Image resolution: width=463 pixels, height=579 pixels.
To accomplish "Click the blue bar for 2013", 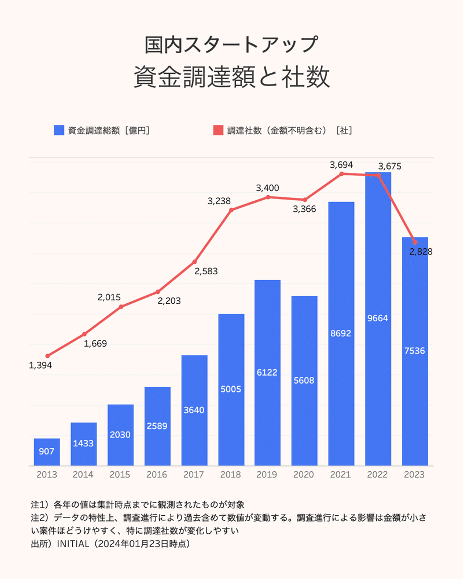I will pyautogui.click(x=47, y=452).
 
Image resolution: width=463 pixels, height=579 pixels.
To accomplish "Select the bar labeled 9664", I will pyautogui.click(x=378, y=318).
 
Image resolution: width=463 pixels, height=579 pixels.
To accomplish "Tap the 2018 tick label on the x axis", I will pyautogui.click(x=231, y=474).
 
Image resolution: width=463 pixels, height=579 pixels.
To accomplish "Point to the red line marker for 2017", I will pyautogui.click(x=195, y=262).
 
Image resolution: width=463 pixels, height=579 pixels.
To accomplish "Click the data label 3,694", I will pyautogui.click(x=341, y=165).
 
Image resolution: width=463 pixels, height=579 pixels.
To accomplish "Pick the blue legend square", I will pyautogui.click(x=59, y=130).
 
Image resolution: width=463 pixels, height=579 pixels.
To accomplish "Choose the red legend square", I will pyautogui.click(x=218, y=130).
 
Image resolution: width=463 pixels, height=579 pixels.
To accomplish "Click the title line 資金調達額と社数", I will pyautogui.click(x=232, y=77).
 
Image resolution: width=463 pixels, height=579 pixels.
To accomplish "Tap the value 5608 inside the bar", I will pyautogui.click(x=304, y=381).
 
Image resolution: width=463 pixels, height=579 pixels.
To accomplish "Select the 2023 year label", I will pyautogui.click(x=414, y=474).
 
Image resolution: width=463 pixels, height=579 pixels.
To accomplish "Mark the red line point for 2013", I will pyautogui.click(x=48, y=356).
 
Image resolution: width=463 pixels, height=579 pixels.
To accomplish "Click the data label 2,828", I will pyautogui.click(x=421, y=252).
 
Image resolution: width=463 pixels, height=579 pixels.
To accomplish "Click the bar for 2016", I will pyautogui.click(x=158, y=426).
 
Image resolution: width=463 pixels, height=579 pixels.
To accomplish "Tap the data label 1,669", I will pyautogui.click(x=95, y=344).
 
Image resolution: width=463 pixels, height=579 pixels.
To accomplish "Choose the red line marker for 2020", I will pyautogui.click(x=305, y=200).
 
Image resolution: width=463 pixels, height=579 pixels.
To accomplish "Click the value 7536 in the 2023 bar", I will pyautogui.click(x=415, y=351).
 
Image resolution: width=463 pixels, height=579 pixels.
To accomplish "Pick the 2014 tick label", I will pyautogui.click(x=83, y=474).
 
